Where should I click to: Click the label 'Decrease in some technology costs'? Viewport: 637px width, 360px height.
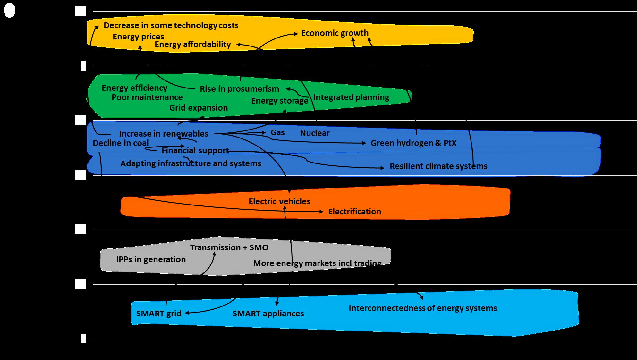click(171, 26)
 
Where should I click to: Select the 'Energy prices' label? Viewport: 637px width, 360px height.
click(138, 37)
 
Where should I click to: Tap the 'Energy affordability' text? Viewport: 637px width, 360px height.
click(193, 44)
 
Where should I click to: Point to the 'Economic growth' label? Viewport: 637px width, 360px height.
click(335, 33)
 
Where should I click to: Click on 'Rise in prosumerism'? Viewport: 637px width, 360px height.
click(240, 89)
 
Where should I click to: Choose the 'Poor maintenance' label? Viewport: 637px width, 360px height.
click(147, 97)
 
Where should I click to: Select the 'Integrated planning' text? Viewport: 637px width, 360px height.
click(351, 97)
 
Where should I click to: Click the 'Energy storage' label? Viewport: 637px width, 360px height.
click(280, 101)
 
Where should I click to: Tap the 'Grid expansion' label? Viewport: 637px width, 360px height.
click(199, 108)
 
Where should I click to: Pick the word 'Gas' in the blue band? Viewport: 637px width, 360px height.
click(278, 132)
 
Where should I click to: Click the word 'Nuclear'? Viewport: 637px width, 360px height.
click(315, 133)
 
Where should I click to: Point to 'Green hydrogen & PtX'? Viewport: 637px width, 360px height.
click(414, 143)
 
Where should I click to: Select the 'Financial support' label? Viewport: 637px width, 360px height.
click(195, 150)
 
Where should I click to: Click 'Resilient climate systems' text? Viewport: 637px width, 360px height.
click(438, 166)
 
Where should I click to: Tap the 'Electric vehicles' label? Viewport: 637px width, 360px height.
click(279, 201)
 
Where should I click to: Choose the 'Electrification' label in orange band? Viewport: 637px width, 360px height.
click(354, 212)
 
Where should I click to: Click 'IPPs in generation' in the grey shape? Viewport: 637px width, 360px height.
click(151, 259)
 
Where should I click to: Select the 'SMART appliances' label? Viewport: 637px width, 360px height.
click(268, 314)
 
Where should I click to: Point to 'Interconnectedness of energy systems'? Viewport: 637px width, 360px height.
click(423, 308)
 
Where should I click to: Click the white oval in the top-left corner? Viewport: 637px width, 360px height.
click(10, 11)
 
